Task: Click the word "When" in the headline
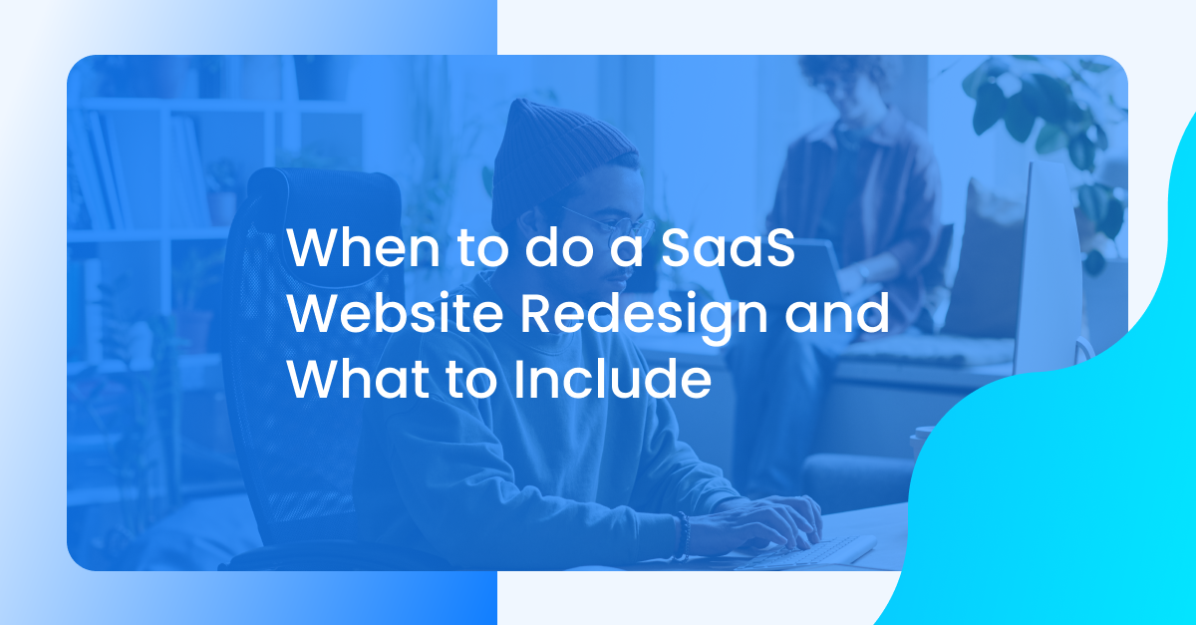[363, 247]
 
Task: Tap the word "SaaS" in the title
[729, 247]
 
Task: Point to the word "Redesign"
[644, 317]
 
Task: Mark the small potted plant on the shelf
[221, 192]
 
